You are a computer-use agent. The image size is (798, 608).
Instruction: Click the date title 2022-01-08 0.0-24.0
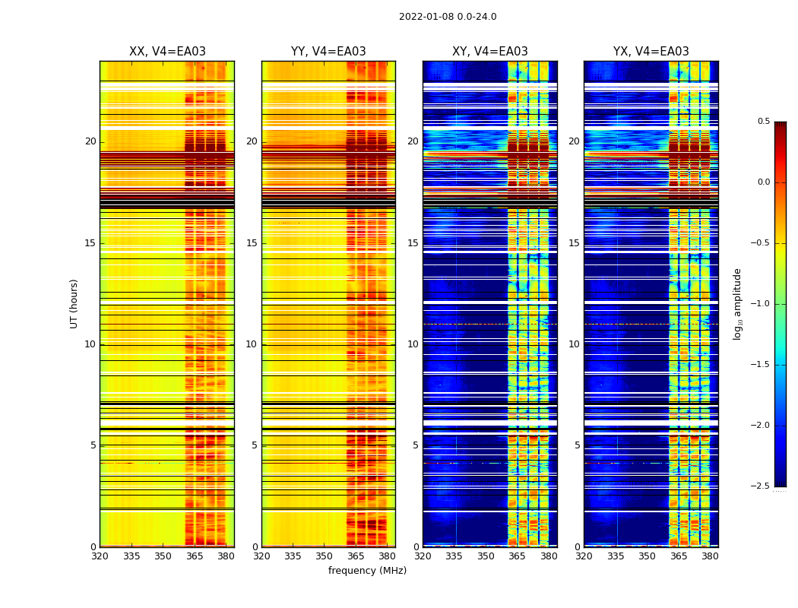point(448,17)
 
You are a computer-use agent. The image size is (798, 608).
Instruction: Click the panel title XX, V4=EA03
point(167,52)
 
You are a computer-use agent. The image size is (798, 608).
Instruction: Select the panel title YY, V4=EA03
point(328,52)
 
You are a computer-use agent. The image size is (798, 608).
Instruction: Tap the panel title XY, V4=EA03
point(490,52)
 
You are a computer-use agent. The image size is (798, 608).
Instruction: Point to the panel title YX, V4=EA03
point(651,52)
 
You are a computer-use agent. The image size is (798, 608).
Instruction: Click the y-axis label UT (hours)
point(74,303)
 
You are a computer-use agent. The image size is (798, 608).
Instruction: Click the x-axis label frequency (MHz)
point(367,571)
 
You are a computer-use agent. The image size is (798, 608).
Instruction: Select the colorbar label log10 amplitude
point(737,303)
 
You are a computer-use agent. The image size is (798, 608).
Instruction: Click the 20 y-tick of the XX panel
point(90,141)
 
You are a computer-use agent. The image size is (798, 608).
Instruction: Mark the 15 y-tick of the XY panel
point(413,243)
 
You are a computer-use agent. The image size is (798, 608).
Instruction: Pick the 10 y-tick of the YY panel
point(252,344)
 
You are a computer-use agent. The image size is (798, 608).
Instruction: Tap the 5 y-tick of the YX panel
point(577,445)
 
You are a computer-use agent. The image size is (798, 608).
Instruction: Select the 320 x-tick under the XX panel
point(100,556)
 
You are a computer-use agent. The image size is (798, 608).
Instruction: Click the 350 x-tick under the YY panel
point(325,556)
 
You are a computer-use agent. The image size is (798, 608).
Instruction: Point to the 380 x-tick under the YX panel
point(710,556)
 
